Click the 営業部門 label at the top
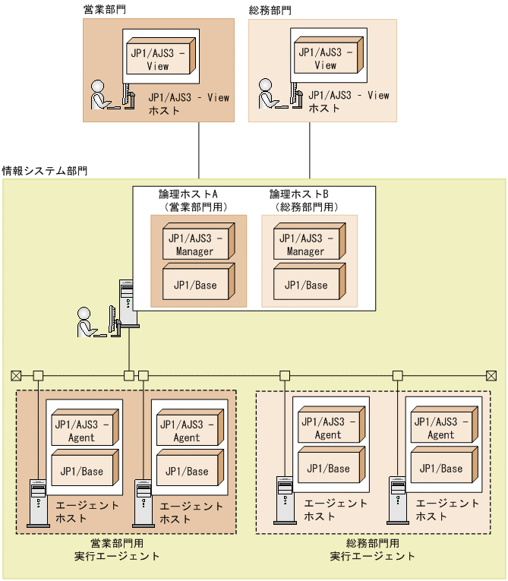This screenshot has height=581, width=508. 104,10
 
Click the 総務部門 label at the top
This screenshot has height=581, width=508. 270,10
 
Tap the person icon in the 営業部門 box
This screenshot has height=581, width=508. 100,95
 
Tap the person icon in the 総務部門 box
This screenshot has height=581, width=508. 267,95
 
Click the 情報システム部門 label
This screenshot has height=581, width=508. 45,170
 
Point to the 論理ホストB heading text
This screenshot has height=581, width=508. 299,194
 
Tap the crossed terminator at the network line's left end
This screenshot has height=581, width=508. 16,375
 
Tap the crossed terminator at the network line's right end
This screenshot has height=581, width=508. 491,375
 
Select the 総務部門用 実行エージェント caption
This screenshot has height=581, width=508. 372,550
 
